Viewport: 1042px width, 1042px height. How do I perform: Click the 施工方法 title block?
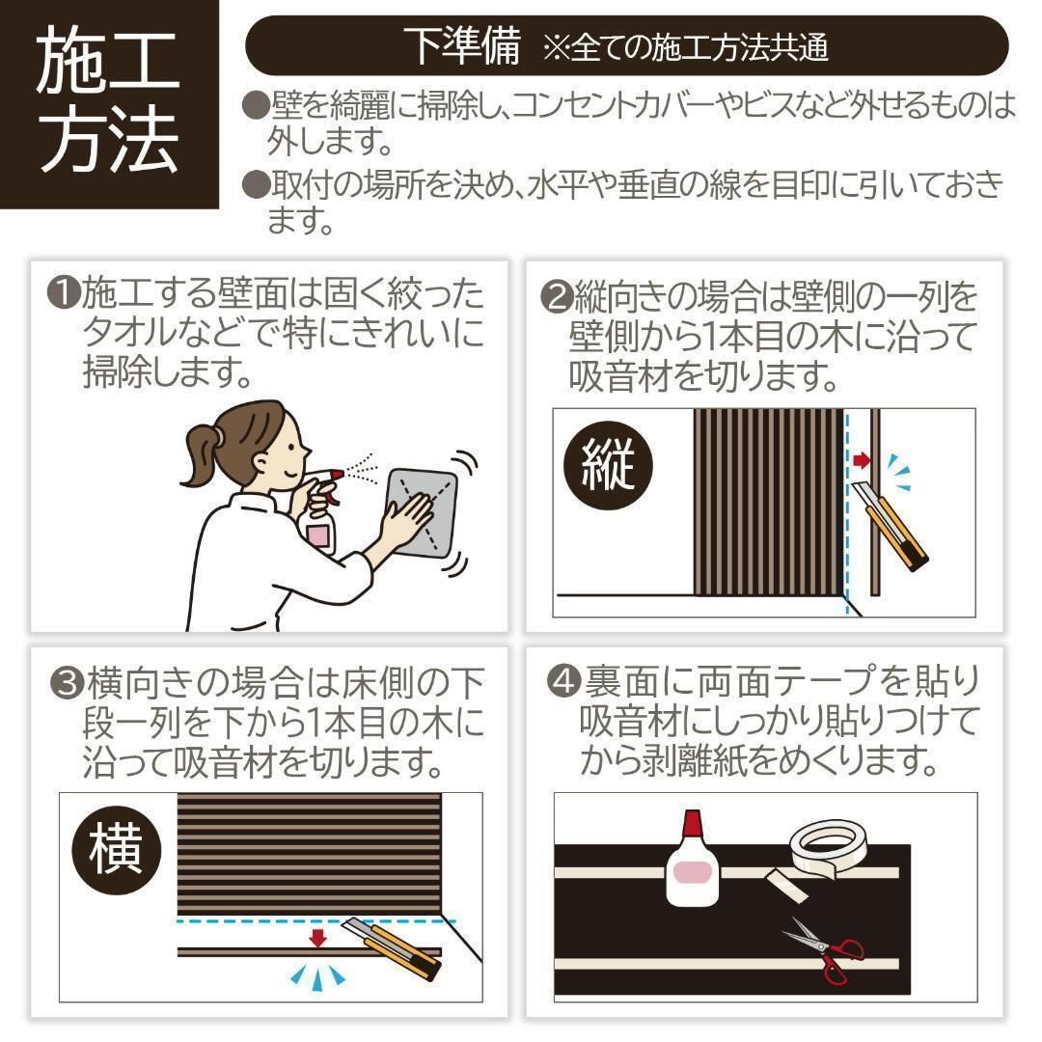point(109,103)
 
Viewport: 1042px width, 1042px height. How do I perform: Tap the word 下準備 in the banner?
point(464,46)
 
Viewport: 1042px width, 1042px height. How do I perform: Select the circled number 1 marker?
point(65,292)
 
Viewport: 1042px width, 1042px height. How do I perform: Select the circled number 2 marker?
point(557,297)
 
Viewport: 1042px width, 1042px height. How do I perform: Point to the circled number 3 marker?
point(68,683)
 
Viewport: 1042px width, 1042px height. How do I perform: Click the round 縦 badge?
point(608,465)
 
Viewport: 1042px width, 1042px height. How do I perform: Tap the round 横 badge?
point(116,850)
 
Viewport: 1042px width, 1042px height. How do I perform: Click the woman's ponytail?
point(199,454)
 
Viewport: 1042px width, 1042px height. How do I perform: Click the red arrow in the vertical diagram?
point(862,459)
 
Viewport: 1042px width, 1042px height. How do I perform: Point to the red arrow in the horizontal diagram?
point(318,938)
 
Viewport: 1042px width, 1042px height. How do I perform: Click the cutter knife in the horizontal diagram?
point(392,947)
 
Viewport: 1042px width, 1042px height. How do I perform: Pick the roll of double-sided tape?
point(828,848)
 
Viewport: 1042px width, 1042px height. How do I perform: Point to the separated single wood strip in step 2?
point(875,502)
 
